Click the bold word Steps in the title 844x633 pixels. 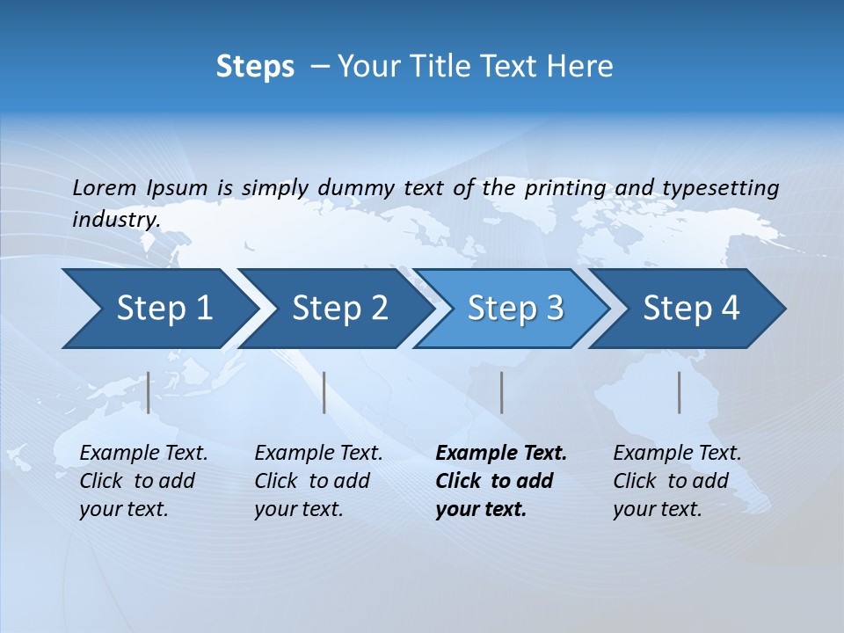click(x=255, y=67)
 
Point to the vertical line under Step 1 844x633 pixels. click(x=149, y=392)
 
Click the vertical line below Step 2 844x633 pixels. click(x=324, y=392)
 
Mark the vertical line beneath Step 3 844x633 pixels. click(x=501, y=392)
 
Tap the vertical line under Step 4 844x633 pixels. click(x=679, y=392)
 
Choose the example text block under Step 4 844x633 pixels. click(x=677, y=481)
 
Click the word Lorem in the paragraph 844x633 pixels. click(x=105, y=188)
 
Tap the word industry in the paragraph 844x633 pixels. click(x=115, y=220)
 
